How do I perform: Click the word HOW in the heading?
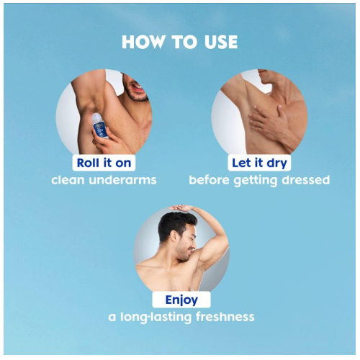point(143,42)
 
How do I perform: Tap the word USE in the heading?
point(221,42)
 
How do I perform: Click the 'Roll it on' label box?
point(104,163)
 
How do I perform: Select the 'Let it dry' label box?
point(259,163)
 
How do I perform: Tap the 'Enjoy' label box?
point(181,300)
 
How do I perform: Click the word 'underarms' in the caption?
point(122,180)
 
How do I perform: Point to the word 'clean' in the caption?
point(68,180)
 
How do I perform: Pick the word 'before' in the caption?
point(209,180)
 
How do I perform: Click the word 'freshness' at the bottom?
point(225,317)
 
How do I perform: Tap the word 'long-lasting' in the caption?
point(156,318)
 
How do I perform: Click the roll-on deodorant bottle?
point(100,125)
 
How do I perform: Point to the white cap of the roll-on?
point(96,117)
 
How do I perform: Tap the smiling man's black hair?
point(176,225)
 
